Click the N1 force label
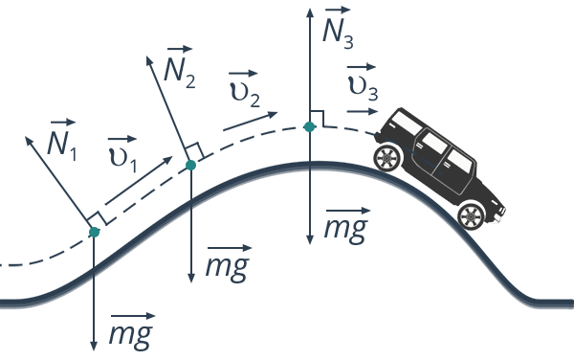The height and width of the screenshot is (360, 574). [61, 140]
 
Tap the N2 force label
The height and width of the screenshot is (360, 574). [180, 67]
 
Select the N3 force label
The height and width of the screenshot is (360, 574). [338, 28]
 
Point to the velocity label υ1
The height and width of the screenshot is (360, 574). [123, 154]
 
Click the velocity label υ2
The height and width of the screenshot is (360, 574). [245, 89]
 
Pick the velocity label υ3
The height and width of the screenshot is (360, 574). [363, 82]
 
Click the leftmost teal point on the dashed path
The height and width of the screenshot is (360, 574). [94, 232]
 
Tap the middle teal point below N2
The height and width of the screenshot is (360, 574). [190, 166]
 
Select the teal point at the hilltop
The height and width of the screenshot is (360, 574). [310, 126]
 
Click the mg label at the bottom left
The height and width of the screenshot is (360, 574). [131, 331]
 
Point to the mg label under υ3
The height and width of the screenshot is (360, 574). [346, 226]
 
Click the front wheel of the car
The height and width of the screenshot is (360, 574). [472, 216]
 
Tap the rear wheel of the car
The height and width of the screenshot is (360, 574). [386, 158]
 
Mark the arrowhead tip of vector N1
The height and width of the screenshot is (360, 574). [25, 137]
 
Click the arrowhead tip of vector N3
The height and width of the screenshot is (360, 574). [310, 9]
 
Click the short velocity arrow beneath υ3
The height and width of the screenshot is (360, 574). [362, 111]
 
